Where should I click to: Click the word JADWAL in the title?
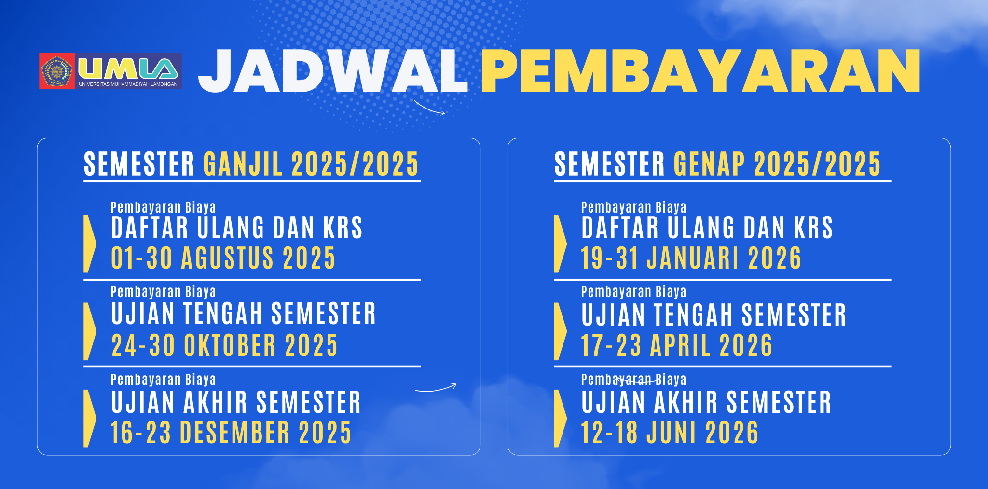tap(333, 71)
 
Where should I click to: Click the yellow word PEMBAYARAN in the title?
tap(701, 71)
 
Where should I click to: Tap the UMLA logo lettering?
tap(128, 69)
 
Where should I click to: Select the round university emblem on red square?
tap(57, 71)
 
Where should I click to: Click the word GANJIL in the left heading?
tap(243, 164)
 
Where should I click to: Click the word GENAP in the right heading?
tap(709, 164)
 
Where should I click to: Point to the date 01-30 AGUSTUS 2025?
tap(223, 258)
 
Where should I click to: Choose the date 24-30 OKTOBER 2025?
tap(224, 345)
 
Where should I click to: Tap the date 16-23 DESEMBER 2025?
tap(231, 433)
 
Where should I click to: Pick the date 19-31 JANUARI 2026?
tap(691, 258)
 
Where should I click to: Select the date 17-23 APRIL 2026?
tap(676, 345)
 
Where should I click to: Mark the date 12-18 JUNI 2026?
tap(670, 433)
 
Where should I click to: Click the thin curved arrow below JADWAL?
tap(429, 109)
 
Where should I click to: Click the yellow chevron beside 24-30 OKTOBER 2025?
tap(90, 331)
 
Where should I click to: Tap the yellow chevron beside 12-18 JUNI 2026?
tap(560, 419)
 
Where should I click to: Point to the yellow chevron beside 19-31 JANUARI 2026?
tap(560, 244)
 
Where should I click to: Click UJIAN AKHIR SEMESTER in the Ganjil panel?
tap(236, 402)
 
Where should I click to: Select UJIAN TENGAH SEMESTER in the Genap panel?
tap(714, 315)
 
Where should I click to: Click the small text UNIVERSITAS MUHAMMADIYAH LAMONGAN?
tap(128, 84)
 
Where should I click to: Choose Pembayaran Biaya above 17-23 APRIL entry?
tap(633, 292)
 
